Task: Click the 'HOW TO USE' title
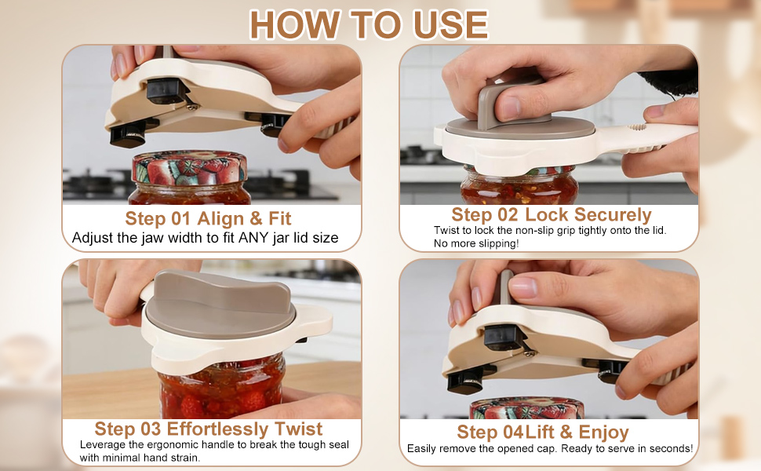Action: pos(369,24)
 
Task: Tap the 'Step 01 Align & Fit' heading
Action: pos(208,218)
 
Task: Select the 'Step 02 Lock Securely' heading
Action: pos(552,214)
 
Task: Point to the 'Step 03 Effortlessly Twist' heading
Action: pos(208,429)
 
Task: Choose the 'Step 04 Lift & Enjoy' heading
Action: pos(543,432)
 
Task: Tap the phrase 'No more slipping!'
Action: pos(476,243)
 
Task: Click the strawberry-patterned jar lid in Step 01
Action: pos(189,166)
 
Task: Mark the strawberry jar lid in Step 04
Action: pos(527,408)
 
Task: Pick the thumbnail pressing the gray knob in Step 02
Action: pos(510,108)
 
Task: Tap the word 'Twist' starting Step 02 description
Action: pos(446,230)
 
